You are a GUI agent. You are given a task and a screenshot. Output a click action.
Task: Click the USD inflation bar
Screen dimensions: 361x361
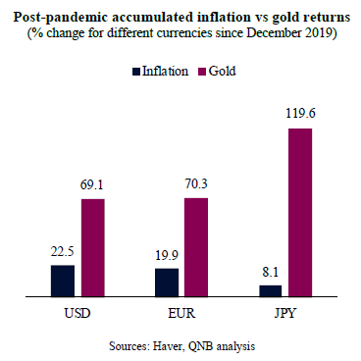[63, 281]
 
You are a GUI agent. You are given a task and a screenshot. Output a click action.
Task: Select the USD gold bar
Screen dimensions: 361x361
[93, 248]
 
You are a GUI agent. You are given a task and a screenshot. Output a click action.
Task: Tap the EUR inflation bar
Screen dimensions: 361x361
[167, 283]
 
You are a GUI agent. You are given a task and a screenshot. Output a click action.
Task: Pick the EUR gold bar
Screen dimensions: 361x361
[196, 247]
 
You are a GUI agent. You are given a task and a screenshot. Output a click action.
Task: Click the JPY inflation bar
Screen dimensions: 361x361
[271, 291]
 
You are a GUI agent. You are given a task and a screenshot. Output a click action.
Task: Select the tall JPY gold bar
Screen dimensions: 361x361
[300, 213]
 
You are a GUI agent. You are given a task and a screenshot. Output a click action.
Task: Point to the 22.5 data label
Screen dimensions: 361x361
[62, 252]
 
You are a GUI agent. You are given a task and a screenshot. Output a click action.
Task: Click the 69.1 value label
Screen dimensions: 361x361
[92, 185]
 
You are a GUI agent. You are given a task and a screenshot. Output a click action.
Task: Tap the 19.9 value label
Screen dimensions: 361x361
[167, 255]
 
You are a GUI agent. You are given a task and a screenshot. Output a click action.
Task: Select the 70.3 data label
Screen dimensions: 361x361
[196, 184]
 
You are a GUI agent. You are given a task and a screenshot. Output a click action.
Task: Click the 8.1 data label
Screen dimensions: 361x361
[270, 272]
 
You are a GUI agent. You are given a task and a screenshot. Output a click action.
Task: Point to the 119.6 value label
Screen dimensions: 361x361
[300, 114]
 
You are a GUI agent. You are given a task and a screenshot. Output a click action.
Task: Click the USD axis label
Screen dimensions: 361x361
[77, 313]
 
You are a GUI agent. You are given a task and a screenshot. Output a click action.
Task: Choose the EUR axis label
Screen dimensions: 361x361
[181, 313]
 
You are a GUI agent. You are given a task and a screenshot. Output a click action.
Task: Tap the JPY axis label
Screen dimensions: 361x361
[284, 313]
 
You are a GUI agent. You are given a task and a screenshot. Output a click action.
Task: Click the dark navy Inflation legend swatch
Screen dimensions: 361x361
[136, 72]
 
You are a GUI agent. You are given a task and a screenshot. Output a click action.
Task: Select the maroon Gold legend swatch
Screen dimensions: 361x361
[202, 72]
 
